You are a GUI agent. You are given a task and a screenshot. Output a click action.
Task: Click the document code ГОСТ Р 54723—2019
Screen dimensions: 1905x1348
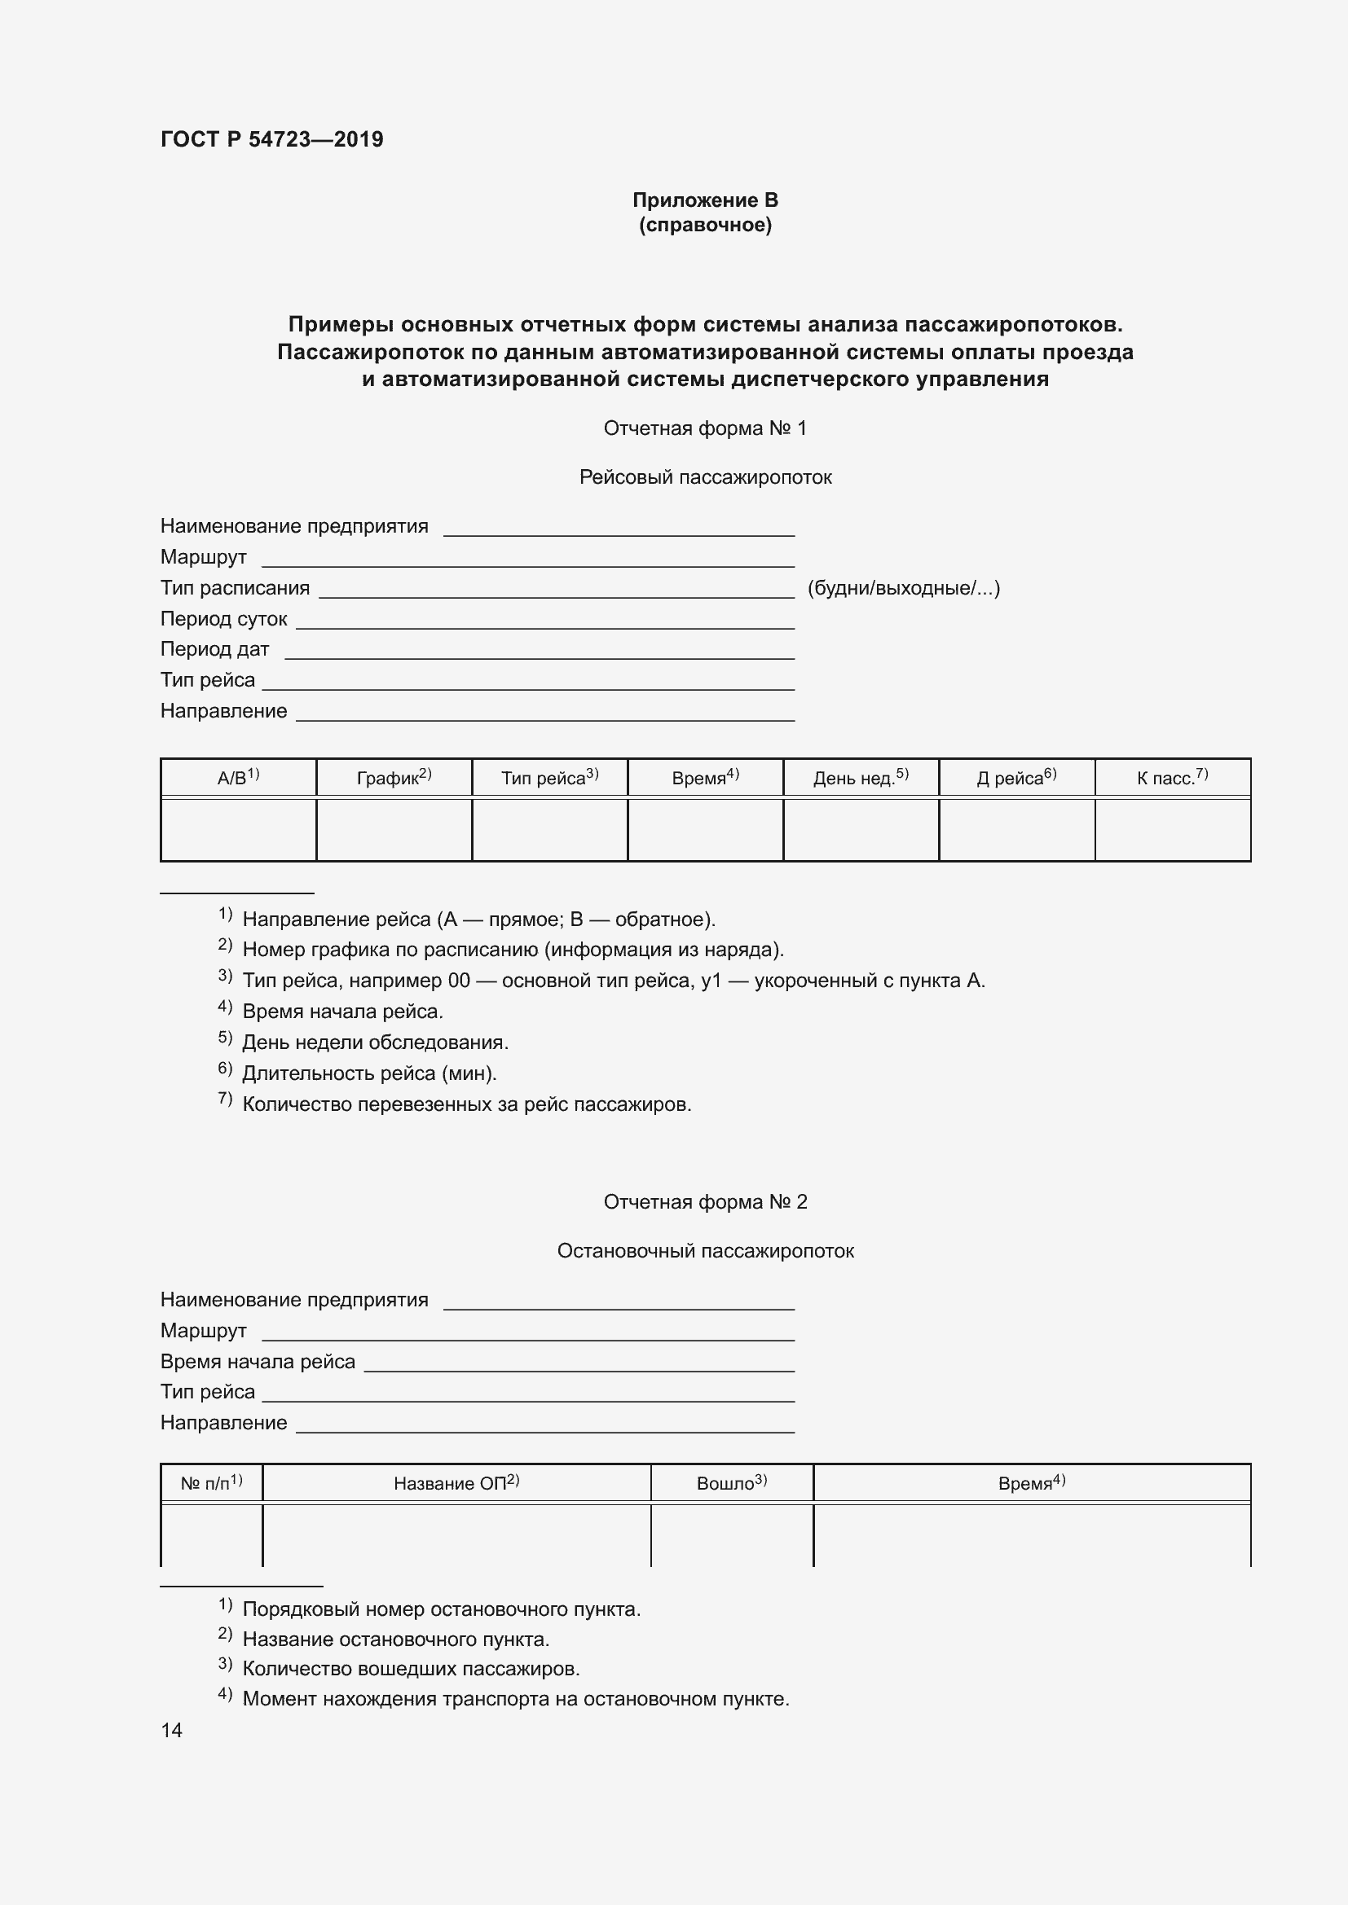click(x=271, y=139)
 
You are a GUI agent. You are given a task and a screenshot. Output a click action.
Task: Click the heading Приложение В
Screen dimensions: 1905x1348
click(x=705, y=200)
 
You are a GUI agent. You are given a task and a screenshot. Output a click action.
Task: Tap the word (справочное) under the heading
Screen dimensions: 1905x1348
click(x=705, y=225)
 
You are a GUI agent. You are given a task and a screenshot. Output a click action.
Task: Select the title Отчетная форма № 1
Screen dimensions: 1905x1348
click(x=705, y=428)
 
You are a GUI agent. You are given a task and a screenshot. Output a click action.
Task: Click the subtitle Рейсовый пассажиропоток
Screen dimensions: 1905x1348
click(x=705, y=477)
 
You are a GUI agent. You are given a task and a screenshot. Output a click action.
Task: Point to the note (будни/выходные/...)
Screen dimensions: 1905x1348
click(x=903, y=588)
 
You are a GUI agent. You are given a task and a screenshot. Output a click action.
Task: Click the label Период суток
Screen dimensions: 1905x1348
click(x=223, y=619)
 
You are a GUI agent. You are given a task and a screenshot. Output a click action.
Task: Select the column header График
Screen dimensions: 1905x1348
click(x=394, y=778)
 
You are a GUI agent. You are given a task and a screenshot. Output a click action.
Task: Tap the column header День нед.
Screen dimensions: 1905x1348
click(x=860, y=778)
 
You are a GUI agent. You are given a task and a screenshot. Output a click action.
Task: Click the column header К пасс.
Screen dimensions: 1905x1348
click(x=1171, y=778)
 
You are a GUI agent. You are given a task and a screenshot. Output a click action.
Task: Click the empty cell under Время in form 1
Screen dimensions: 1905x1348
click(x=705, y=830)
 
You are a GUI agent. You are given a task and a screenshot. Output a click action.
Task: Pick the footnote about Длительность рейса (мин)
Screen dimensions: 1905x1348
click(x=368, y=1073)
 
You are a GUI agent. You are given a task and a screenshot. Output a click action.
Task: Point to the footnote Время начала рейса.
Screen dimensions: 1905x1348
click(x=342, y=1012)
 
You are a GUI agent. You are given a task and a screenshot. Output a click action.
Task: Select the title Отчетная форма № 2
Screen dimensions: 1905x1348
click(x=705, y=1202)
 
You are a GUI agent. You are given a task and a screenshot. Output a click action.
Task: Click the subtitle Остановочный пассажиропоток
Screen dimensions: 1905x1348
click(x=705, y=1251)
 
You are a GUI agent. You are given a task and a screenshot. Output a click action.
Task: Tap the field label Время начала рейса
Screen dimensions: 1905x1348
click(x=258, y=1362)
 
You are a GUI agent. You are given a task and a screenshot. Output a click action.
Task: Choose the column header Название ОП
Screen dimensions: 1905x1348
click(x=456, y=1482)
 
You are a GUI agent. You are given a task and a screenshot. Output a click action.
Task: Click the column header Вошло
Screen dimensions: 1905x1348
click(x=731, y=1482)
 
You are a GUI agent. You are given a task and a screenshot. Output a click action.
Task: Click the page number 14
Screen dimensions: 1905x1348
click(x=171, y=1730)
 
